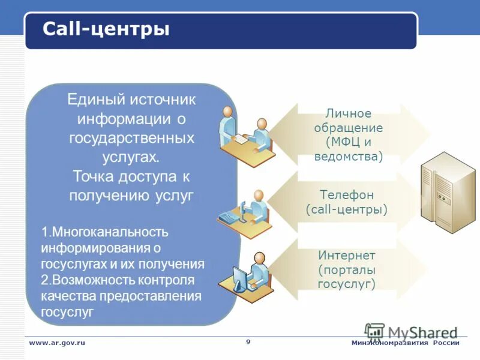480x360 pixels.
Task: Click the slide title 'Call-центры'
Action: click(106, 29)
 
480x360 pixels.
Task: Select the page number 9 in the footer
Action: click(248, 341)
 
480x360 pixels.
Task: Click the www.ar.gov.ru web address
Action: click(57, 343)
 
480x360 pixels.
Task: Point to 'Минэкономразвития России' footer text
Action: click(405, 343)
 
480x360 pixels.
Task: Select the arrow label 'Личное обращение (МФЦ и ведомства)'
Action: click(348, 135)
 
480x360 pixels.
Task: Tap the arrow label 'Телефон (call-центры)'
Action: click(347, 202)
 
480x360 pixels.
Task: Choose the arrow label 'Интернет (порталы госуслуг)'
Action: click(347, 269)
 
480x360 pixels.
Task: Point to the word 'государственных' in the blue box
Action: click(131, 138)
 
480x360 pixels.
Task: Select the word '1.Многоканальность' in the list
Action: click(104, 232)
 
